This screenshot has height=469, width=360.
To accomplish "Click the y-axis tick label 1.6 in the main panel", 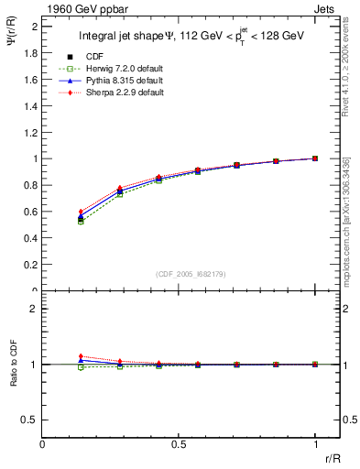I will tap(31, 80).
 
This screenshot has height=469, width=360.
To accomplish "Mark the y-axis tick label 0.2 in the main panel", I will tap(31, 265).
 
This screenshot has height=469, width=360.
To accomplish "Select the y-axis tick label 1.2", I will tap(31, 133).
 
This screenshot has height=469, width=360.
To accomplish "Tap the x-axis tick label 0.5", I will tap(179, 444).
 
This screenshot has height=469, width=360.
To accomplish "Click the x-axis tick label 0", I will tap(42, 444).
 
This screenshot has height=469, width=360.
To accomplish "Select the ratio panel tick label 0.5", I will tap(30, 420).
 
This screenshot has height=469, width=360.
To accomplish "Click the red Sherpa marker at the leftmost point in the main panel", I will tap(81, 212).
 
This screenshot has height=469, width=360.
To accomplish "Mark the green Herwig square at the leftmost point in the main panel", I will tap(81, 223).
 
